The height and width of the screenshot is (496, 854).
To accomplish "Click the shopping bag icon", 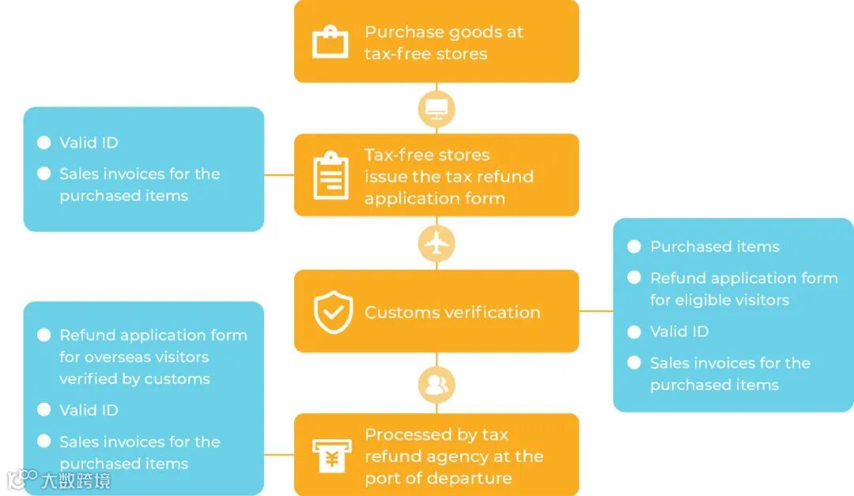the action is coord(330,42).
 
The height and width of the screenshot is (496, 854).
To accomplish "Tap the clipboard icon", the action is coord(330,175).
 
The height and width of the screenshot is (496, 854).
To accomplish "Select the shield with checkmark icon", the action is coord(333,312).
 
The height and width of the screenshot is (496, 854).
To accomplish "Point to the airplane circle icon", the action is coord(436,243).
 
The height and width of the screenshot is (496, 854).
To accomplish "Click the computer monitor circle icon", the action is coord(436,108).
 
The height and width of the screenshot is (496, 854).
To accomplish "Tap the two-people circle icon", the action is coord(436,385).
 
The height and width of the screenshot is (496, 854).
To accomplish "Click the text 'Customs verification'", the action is coord(452,313).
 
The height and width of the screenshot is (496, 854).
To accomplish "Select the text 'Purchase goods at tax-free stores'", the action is coord(443,43).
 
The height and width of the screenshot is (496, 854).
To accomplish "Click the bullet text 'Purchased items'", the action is coord(714,247).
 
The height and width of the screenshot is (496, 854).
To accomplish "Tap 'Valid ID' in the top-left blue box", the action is coord(89,143).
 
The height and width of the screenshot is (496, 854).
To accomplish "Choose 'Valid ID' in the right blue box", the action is coord(678,332).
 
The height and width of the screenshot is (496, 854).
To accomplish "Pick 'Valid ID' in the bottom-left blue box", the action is coord(89,411).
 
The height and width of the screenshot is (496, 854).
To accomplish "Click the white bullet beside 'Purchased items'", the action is coord(633,247).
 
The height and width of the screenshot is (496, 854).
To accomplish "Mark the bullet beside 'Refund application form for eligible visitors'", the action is coord(633,278).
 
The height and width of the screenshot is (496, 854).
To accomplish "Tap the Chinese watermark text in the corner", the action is coord(75,479).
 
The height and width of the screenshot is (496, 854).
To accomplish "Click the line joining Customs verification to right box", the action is coord(595,311).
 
